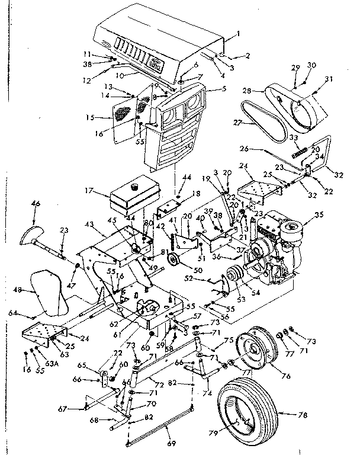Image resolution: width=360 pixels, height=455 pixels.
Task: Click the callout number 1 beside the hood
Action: tap(238, 34)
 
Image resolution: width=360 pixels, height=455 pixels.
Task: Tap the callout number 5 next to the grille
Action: tap(208, 89)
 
